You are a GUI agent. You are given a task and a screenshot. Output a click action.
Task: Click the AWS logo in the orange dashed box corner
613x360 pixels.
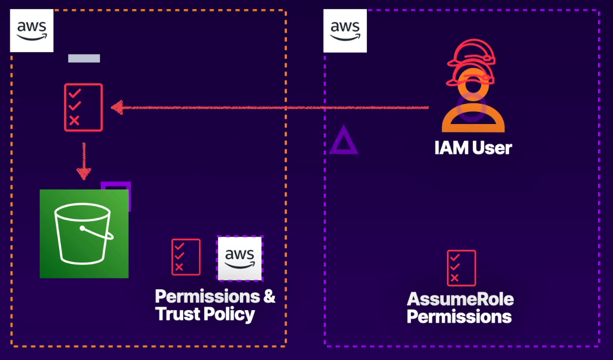point(32,30)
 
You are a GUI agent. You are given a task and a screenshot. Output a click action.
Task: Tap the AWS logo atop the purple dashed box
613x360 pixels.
point(345,30)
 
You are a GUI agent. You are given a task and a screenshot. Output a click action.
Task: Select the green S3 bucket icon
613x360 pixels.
point(84,234)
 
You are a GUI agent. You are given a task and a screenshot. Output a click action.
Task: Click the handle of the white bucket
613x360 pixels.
point(98,233)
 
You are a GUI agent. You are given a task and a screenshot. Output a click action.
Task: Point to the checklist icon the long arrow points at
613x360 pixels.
point(83,107)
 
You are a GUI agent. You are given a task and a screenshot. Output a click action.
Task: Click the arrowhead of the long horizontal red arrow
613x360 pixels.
point(118,107)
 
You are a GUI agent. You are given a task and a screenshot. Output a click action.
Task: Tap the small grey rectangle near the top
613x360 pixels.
point(84,58)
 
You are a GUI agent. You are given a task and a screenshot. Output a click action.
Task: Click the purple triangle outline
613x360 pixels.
point(343,140)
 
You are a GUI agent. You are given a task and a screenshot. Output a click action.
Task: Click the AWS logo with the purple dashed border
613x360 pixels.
point(239,258)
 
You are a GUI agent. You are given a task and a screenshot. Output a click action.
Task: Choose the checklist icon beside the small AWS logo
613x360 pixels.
point(186,257)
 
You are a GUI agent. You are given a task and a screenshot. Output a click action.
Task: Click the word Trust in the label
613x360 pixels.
point(177,314)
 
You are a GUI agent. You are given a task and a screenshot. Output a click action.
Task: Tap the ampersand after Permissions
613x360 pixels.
point(269,297)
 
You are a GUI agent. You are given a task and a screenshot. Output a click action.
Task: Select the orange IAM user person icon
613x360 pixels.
point(473,109)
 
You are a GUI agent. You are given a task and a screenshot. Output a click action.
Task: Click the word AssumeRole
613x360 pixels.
point(460,299)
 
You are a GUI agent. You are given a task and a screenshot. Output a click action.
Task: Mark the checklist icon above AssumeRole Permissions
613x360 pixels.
point(461,268)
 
